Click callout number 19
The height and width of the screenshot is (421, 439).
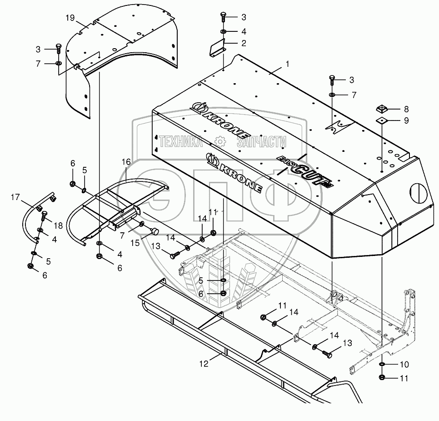(x=70, y=18)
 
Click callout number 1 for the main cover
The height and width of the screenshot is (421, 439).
(x=287, y=64)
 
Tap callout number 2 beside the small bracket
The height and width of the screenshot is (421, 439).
(x=244, y=43)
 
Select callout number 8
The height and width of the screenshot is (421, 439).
(x=406, y=109)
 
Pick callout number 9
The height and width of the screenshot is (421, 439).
(x=406, y=120)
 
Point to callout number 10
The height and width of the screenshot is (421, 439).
(x=404, y=365)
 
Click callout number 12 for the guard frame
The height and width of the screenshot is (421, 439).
(x=204, y=364)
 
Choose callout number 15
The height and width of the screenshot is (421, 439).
(x=135, y=243)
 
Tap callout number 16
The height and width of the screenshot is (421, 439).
(x=126, y=162)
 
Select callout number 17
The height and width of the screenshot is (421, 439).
(x=15, y=197)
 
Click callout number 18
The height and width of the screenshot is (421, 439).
(x=58, y=226)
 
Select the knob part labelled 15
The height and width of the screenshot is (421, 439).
(x=155, y=231)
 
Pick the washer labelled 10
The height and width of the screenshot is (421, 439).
(x=382, y=364)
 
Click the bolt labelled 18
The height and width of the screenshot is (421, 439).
(x=43, y=216)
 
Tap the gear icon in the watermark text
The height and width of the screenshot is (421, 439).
(x=220, y=142)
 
